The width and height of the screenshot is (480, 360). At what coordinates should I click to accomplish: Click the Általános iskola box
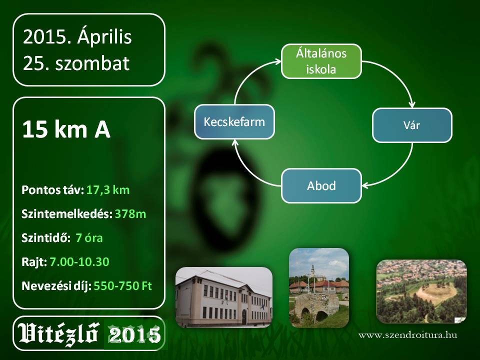click(x=321, y=61)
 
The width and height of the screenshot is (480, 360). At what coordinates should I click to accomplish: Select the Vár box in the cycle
click(x=412, y=125)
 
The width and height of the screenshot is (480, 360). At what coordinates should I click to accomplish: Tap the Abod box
click(x=321, y=185)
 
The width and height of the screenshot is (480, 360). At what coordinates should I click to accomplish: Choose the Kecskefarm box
click(x=234, y=122)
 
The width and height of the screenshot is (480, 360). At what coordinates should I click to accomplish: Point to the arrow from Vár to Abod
click(x=397, y=171)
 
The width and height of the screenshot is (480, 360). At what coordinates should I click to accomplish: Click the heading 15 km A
click(x=66, y=129)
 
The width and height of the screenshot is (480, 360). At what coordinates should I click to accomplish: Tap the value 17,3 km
click(x=108, y=190)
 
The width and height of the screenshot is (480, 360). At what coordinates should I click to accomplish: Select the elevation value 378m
click(x=130, y=214)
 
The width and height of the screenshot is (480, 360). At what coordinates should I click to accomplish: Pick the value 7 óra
click(x=89, y=238)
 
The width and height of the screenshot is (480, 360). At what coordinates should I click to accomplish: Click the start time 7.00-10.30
click(x=79, y=261)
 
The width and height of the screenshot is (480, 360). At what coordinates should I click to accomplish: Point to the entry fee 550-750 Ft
click(x=123, y=286)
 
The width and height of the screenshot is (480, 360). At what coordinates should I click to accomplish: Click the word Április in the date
click(x=104, y=37)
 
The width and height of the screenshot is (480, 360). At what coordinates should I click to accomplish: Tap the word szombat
click(x=92, y=63)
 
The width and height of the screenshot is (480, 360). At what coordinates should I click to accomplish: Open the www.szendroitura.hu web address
click(x=408, y=335)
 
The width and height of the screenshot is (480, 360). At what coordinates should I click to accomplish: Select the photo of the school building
click(x=224, y=297)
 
